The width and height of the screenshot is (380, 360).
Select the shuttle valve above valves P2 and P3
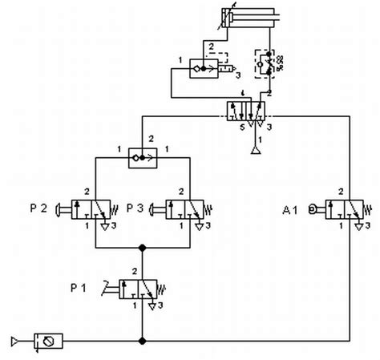pos(142,159)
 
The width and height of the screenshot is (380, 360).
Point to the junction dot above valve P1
pos(142,248)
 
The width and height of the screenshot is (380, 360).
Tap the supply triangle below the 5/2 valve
pos(254,148)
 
